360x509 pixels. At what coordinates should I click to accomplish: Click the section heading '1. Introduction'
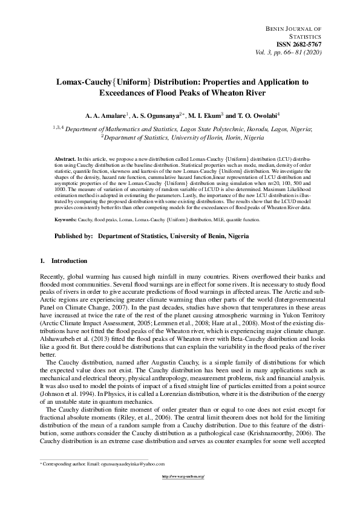coord(63,261)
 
